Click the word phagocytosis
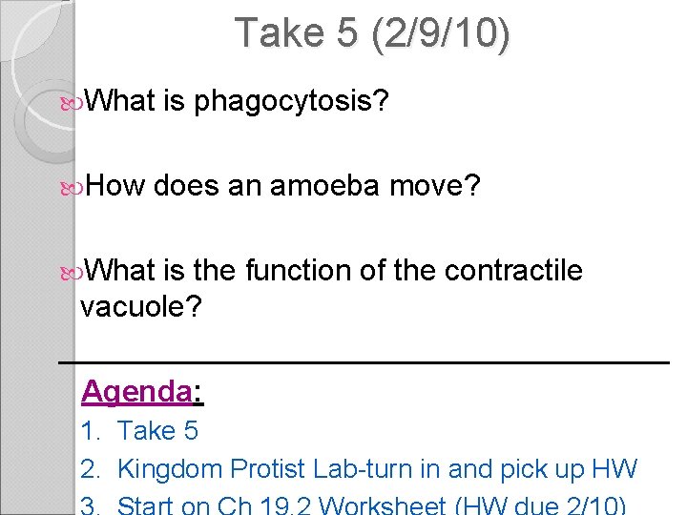point(291,101)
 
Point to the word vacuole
point(141,307)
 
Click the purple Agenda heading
point(137,391)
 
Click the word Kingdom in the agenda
point(167,469)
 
